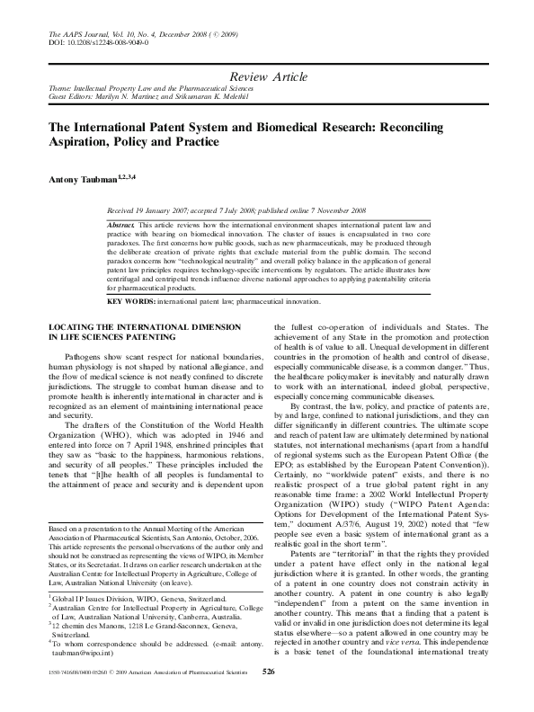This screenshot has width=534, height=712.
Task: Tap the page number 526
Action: tap(267, 697)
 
